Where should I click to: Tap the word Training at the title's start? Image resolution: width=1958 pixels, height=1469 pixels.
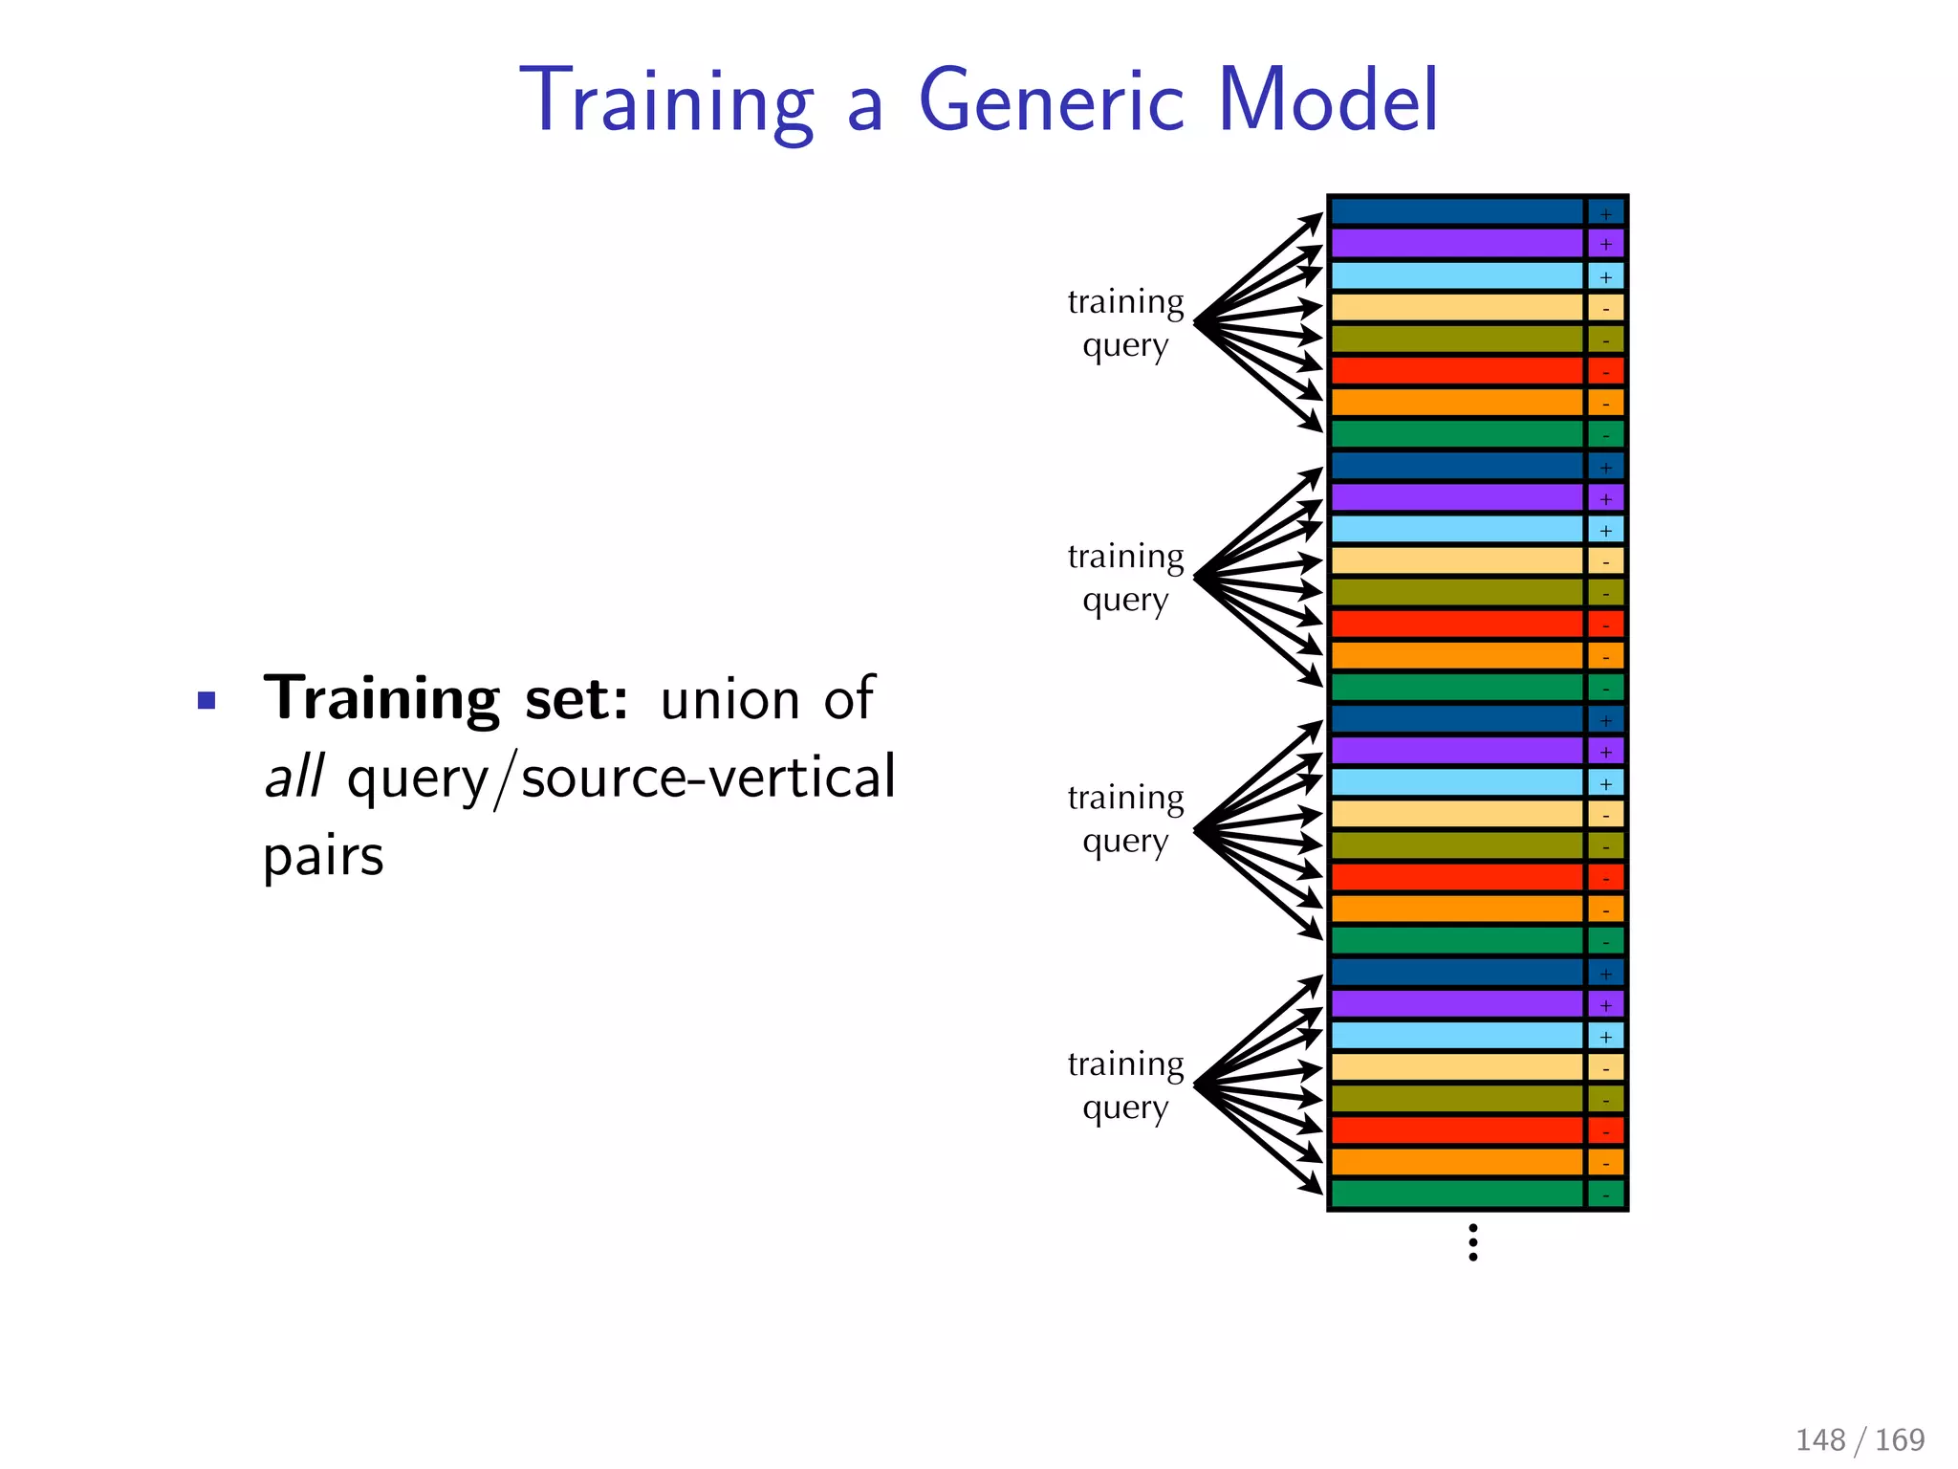666,103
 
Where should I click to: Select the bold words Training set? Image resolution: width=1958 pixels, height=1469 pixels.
446,699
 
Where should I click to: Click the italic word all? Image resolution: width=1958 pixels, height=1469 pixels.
294,777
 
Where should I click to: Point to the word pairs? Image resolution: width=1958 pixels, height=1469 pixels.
323,856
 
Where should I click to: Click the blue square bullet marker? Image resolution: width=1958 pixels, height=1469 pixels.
207,701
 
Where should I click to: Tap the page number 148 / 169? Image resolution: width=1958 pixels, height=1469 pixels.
1860,1439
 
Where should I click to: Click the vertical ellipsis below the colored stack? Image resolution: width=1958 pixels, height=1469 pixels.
1473,1242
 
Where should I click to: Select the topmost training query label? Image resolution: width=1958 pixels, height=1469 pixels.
1125,323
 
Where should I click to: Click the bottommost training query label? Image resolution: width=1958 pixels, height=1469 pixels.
1125,1085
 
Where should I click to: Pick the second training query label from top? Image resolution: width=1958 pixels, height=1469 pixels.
1125,578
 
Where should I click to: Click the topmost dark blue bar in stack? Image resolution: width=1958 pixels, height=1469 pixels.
1457,211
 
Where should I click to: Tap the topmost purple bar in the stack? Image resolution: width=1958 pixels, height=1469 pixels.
1457,243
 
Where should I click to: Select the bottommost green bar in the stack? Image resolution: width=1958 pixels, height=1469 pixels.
1457,1194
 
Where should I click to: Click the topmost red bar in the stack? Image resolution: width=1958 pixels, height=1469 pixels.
1457,370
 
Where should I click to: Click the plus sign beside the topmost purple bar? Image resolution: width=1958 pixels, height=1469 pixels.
1606,245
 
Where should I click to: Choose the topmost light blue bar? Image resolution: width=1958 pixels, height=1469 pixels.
1457,275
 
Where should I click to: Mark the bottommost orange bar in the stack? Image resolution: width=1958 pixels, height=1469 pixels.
1457,1162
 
